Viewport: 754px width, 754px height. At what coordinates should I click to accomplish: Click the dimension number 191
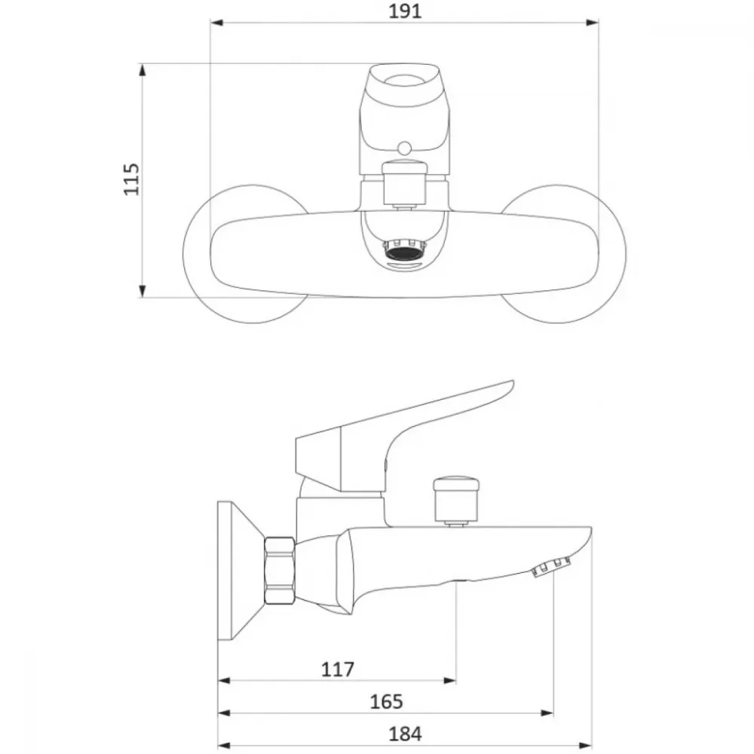pyautogui.click(x=405, y=11)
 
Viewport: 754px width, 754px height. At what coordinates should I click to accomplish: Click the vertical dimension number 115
pyautogui.click(x=131, y=179)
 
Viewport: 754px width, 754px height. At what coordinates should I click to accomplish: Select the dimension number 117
pyautogui.click(x=338, y=669)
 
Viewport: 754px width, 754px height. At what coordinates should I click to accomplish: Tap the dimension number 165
pyautogui.click(x=386, y=701)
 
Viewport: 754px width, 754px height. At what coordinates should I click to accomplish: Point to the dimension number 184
pyautogui.click(x=405, y=734)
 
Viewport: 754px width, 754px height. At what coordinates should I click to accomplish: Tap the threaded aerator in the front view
pyautogui.click(x=405, y=250)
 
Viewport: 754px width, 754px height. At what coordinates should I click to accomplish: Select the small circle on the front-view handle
pyautogui.click(x=405, y=148)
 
